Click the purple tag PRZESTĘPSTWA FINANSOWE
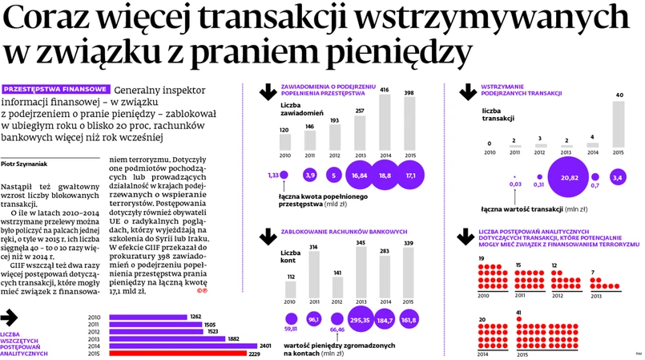(56, 88)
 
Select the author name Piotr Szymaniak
(25, 163)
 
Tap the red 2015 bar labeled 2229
(177, 353)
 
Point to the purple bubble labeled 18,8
(385, 175)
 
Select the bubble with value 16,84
(360, 175)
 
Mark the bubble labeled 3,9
(311, 175)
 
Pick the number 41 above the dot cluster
(520, 313)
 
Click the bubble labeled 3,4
(618, 176)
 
